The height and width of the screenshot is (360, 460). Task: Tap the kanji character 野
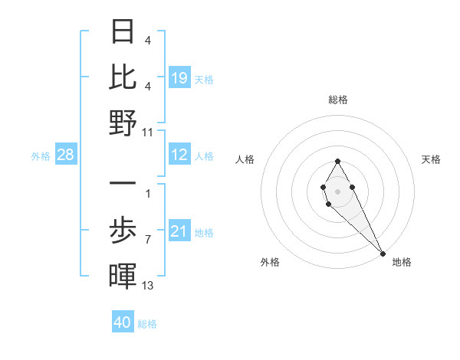tap(123, 123)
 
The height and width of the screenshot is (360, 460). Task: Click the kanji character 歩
tap(123, 229)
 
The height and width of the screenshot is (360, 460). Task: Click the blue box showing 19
tap(179, 78)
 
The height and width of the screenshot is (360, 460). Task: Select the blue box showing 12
tap(179, 155)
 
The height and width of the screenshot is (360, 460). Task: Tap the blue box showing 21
tap(179, 232)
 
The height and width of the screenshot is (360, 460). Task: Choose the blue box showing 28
tap(65, 155)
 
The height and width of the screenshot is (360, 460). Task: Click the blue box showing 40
tap(123, 322)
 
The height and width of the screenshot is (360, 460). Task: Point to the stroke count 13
tap(148, 286)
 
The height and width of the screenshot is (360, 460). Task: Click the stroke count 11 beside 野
tap(148, 132)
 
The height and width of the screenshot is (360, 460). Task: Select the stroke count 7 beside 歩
tap(148, 240)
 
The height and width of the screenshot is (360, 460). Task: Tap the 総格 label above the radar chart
tap(337, 100)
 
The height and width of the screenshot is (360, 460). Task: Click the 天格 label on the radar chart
tap(431, 159)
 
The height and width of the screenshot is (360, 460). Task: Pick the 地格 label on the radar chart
tap(402, 262)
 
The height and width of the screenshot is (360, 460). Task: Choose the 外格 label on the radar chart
tap(270, 262)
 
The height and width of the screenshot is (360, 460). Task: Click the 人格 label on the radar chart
tap(245, 159)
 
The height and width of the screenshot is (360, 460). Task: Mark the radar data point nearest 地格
tap(383, 253)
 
